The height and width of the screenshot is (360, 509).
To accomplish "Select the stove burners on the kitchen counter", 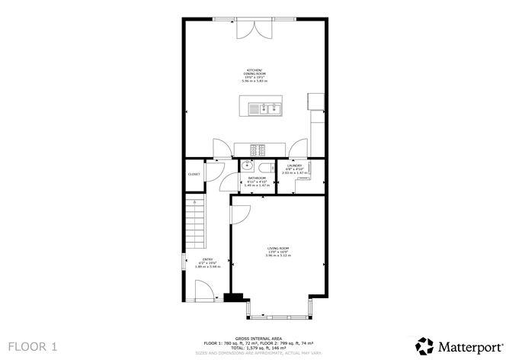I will pyautogui.click(x=260, y=149).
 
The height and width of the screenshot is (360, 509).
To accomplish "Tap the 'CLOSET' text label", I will pyautogui.click(x=194, y=175).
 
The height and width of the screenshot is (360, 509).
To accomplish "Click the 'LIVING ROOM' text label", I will pyautogui.click(x=277, y=249).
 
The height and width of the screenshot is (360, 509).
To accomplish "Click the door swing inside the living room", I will pyautogui.click(x=238, y=215).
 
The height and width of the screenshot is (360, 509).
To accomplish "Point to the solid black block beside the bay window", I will pyautogui.click(x=237, y=299).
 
